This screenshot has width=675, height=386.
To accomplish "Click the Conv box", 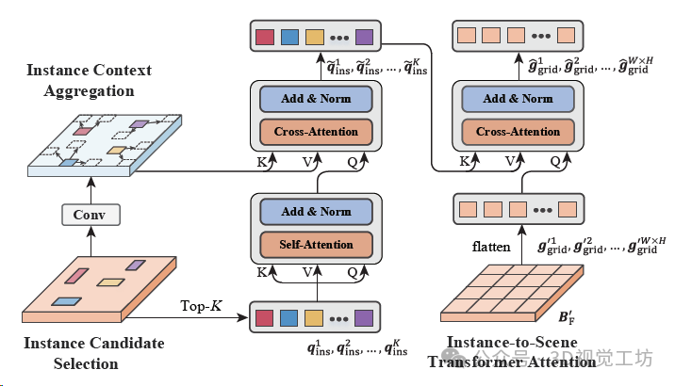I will click(91, 216).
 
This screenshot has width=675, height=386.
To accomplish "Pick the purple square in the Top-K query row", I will click(363, 317).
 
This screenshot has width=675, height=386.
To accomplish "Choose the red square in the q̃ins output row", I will click(265, 38).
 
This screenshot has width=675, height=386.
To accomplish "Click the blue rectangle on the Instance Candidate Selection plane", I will click(66, 301).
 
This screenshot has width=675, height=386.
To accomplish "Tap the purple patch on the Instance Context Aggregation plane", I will click(138, 124).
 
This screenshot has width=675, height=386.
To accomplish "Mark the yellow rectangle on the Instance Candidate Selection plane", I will click(111, 282).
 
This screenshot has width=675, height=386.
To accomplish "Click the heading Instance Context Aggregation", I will click(80, 80).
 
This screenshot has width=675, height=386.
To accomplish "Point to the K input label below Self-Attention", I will click(261, 271).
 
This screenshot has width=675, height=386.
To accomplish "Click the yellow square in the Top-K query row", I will click(314, 317).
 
